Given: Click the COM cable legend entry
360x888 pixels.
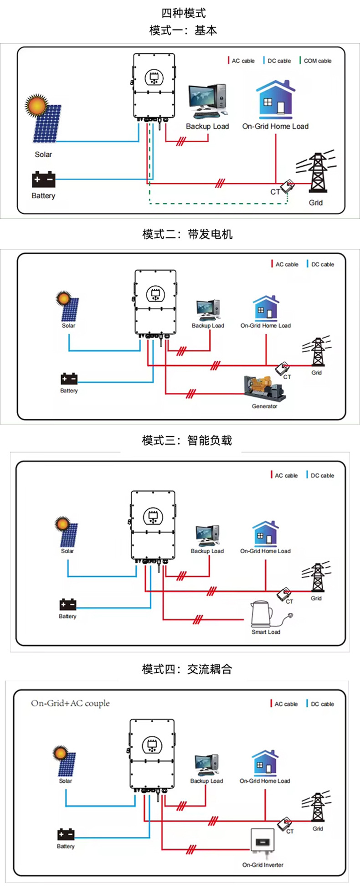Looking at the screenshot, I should (x=317, y=61).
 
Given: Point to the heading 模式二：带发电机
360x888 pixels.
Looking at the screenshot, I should (x=187, y=234).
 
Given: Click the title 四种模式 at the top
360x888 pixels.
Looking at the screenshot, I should (x=184, y=13).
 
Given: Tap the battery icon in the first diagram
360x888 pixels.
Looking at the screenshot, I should (x=43, y=180).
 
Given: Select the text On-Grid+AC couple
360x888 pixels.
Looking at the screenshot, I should (x=70, y=703).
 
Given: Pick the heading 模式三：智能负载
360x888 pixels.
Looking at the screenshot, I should (x=187, y=440).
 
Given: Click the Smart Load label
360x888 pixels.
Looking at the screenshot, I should (x=266, y=632).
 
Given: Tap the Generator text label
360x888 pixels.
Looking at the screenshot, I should (x=264, y=406).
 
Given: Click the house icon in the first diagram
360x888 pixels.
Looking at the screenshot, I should (x=275, y=100).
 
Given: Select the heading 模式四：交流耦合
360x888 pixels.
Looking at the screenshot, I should (x=187, y=669).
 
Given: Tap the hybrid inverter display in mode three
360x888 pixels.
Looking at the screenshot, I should (x=153, y=517).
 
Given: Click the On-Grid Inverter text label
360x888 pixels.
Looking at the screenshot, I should (x=262, y=864).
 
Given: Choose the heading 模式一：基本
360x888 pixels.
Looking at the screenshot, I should (x=183, y=31).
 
